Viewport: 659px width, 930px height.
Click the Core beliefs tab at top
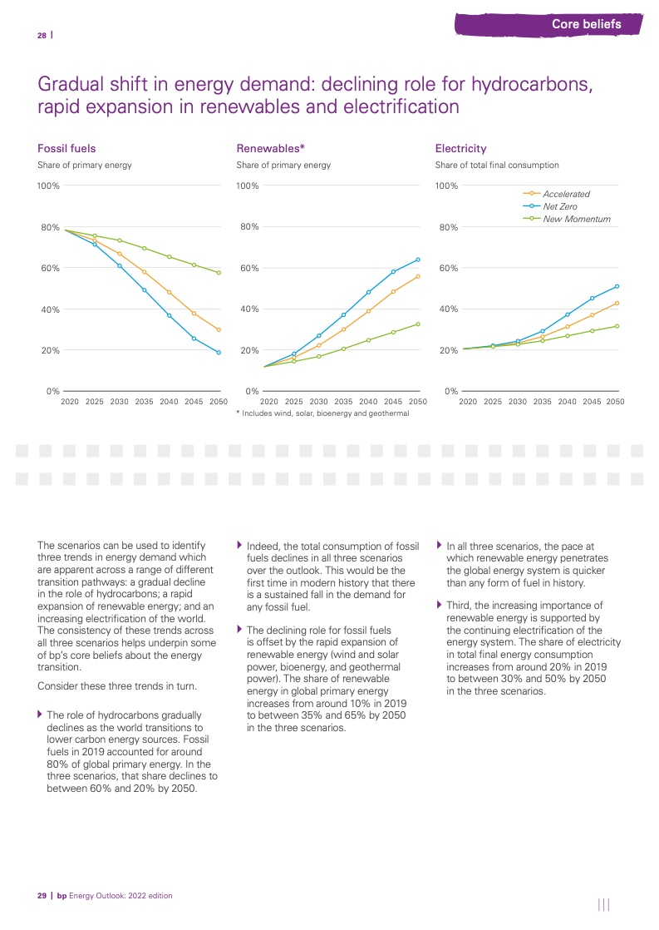(586, 24)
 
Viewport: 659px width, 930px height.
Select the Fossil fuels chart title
(66, 148)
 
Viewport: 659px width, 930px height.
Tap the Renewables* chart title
(271, 148)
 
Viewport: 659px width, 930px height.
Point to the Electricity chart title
(460, 148)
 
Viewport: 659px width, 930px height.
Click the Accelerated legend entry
(566, 194)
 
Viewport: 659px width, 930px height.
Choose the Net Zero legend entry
(559, 206)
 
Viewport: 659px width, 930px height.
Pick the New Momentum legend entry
(576, 219)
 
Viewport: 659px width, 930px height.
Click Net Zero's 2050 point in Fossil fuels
(219, 353)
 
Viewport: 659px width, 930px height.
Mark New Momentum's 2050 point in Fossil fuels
(219, 273)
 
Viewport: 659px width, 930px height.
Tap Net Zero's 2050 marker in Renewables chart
(418, 260)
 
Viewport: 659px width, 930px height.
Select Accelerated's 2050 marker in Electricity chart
(617, 303)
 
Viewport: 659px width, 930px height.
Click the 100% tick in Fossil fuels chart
(48, 186)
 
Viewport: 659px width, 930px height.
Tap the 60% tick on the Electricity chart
(447, 269)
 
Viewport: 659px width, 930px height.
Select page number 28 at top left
(42, 35)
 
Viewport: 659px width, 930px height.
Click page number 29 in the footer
(42, 896)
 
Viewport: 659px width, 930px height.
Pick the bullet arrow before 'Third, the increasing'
(440, 606)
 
